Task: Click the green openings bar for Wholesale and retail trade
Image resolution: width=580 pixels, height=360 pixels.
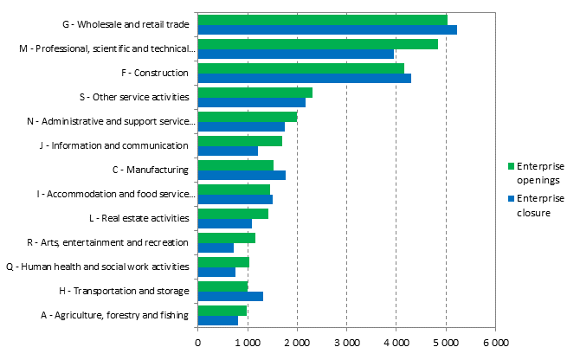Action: (322, 20)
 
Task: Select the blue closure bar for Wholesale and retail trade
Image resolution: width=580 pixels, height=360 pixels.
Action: (327, 30)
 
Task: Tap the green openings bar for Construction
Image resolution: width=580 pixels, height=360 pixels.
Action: (300, 68)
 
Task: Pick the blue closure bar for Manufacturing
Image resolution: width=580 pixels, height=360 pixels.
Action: (242, 175)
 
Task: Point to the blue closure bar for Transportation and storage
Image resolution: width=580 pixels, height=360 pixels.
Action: (230, 296)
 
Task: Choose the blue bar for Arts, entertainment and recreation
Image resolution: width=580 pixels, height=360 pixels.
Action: (216, 247)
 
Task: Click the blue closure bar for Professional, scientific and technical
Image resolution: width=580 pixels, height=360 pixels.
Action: (296, 55)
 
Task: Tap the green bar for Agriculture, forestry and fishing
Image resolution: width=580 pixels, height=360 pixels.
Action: (222, 310)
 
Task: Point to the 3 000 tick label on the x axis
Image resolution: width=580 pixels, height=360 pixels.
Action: (346, 344)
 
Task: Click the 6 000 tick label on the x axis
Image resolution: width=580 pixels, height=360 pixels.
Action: (495, 344)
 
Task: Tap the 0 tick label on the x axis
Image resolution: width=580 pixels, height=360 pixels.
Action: (198, 344)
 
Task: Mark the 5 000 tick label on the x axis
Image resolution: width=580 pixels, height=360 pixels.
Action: (446, 344)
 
